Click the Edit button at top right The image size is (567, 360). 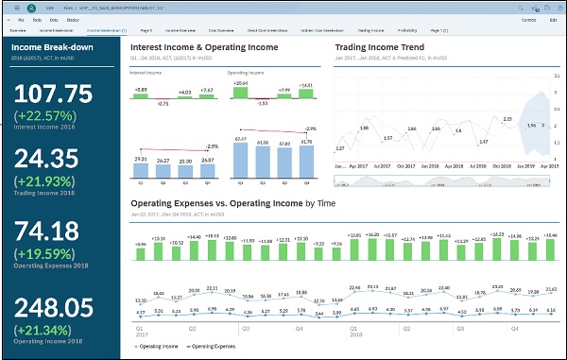point(552,18)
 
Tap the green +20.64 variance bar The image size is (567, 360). point(239,90)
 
